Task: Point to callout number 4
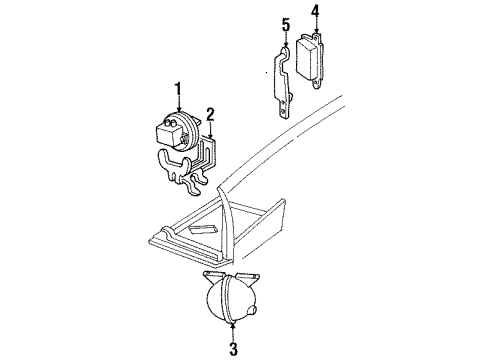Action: coord(315,12)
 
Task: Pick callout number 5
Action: coord(285,24)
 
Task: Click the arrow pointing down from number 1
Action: coord(178,111)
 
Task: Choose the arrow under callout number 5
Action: coord(285,41)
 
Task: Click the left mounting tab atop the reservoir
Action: coord(213,275)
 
